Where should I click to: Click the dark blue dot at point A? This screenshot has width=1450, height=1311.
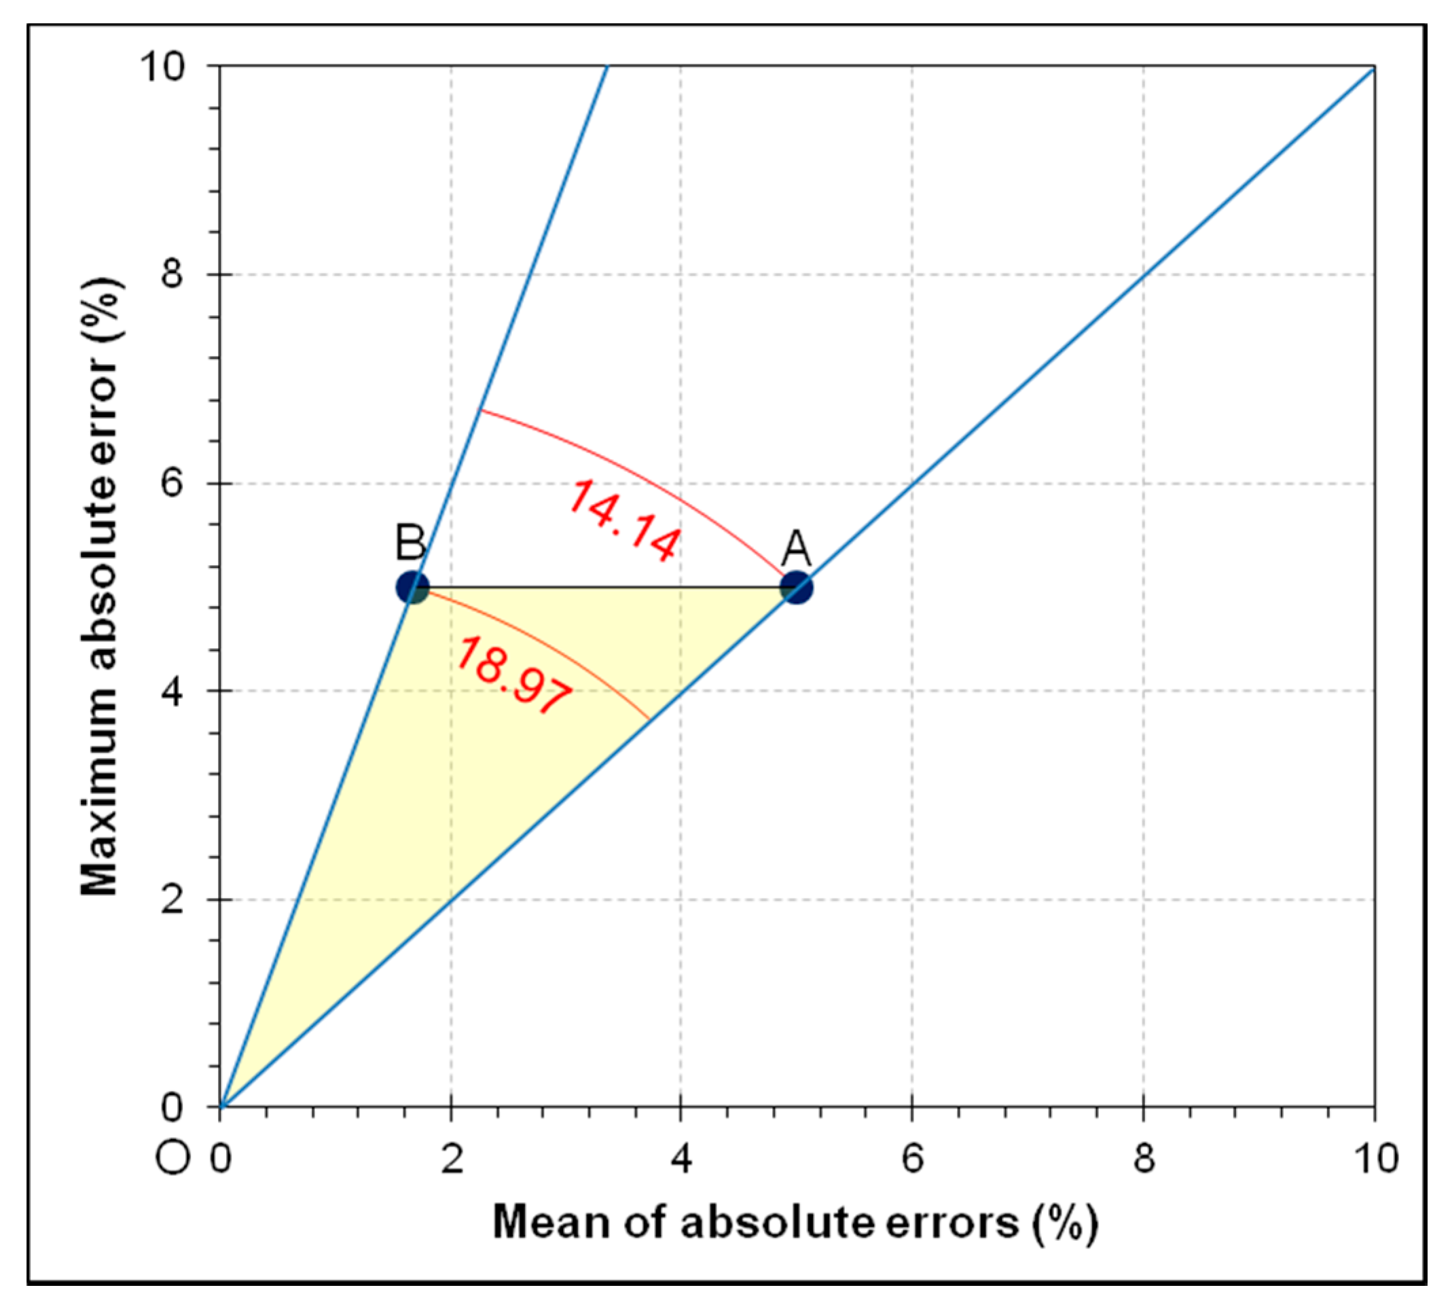point(796,588)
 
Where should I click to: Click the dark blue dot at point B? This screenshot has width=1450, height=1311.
point(413,588)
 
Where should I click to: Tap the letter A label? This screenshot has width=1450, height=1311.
point(796,549)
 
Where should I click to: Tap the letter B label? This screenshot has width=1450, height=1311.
point(411,542)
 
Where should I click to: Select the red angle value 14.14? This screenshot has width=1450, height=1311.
point(623,520)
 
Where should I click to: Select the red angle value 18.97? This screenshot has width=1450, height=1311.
point(513,675)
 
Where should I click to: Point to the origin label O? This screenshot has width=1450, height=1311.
point(173,1158)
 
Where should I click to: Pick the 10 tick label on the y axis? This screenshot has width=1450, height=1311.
point(162,67)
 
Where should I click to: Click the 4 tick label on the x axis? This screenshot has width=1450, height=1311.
point(681,1159)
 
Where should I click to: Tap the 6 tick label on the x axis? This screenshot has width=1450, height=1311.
point(912,1159)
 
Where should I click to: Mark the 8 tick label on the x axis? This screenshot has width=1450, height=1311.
point(1144,1159)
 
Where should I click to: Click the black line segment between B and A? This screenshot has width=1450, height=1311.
point(604,587)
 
